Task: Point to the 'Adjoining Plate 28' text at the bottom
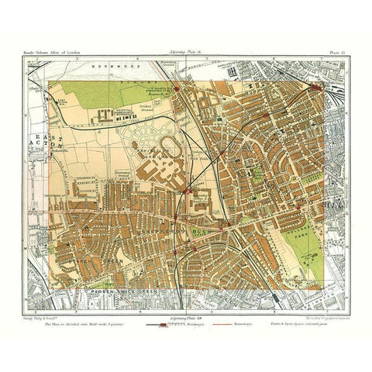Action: click(186, 308)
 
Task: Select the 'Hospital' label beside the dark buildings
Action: click(118, 108)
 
